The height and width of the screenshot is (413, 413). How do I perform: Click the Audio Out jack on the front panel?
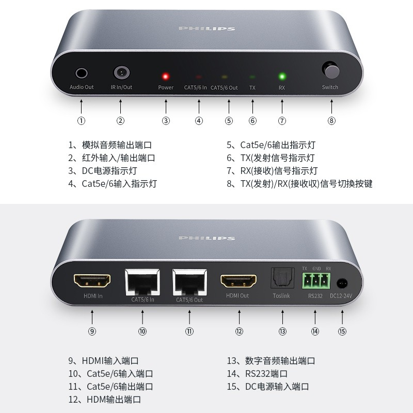point(82,73)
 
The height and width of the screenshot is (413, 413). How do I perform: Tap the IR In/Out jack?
point(121,72)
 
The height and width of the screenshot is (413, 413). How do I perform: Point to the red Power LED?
point(165,76)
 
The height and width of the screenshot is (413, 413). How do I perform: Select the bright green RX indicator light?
point(282,76)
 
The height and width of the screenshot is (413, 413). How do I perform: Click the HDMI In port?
point(92,280)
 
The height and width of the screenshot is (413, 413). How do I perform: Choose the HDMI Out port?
point(239,281)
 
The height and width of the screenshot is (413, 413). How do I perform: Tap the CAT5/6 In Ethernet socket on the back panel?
point(142,282)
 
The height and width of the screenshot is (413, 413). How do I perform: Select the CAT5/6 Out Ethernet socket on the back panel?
point(189,282)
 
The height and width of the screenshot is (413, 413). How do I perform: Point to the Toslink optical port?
point(282,278)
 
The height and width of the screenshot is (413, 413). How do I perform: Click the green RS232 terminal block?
point(316,281)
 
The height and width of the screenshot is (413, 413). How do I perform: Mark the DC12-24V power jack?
point(342,283)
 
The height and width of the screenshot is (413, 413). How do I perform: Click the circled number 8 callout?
point(331,121)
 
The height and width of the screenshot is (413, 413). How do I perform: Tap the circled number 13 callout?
point(282,331)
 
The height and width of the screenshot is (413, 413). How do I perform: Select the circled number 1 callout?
point(81,121)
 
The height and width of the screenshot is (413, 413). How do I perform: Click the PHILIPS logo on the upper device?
point(207,28)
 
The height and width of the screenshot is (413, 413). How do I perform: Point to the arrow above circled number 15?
point(342,317)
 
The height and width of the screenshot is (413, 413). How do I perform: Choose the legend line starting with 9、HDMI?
point(104,360)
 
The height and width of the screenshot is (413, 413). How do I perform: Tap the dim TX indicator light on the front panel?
point(252,76)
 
